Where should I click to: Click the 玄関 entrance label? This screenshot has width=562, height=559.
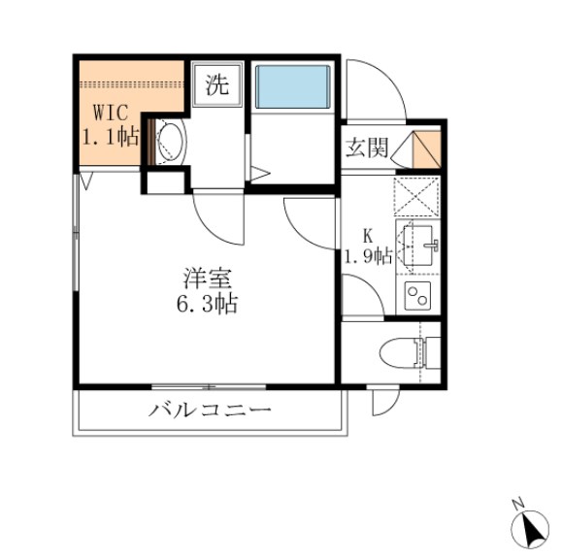[x=366, y=148]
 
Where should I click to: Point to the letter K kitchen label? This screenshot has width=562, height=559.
[x=368, y=234]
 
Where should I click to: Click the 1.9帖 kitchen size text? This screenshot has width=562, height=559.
[x=368, y=256]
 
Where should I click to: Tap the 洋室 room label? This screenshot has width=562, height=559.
[x=206, y=278]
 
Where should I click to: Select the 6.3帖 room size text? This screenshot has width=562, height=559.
[x=206, y=303]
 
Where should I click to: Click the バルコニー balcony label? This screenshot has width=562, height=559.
[x=210, y=410]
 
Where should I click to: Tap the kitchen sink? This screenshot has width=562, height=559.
[x=418, y=242]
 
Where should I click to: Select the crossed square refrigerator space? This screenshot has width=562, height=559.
[x=418, y=197]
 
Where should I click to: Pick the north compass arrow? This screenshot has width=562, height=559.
[x=531, y=529]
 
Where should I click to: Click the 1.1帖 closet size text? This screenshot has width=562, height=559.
[x=110, y=136]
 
